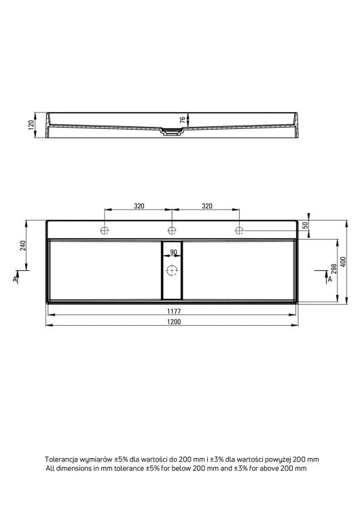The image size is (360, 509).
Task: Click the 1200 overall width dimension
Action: click(174, 322)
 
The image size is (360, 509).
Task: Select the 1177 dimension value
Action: click(174, 312)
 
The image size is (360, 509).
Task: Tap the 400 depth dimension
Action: click(344, 262)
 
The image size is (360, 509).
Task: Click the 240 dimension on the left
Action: click(22, 246)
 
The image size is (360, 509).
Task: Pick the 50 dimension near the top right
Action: click(306, 225)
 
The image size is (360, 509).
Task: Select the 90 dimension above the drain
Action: click(173, 252)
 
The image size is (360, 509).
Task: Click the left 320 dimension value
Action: click(139, 206)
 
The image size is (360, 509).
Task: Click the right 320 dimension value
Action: click(207, 206)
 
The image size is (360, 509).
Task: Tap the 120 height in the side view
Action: click(31, 125)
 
